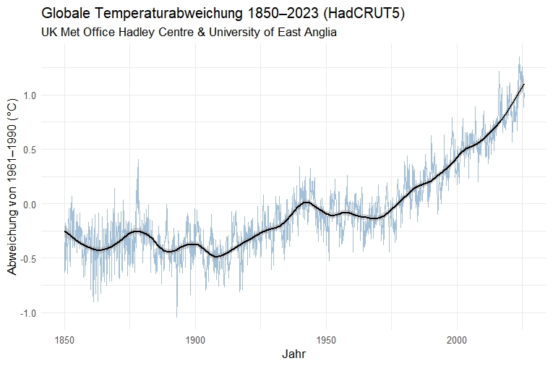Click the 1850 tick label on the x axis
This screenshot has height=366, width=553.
(x=64, y=339)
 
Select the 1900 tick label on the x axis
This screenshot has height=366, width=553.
(x=195, y=339)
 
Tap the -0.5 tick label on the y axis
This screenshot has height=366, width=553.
(x=26, y=258)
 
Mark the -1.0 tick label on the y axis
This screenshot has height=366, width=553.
(x=26, y=312)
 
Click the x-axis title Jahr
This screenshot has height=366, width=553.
(x=293, y=355)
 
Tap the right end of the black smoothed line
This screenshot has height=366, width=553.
(x=524, y=85)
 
